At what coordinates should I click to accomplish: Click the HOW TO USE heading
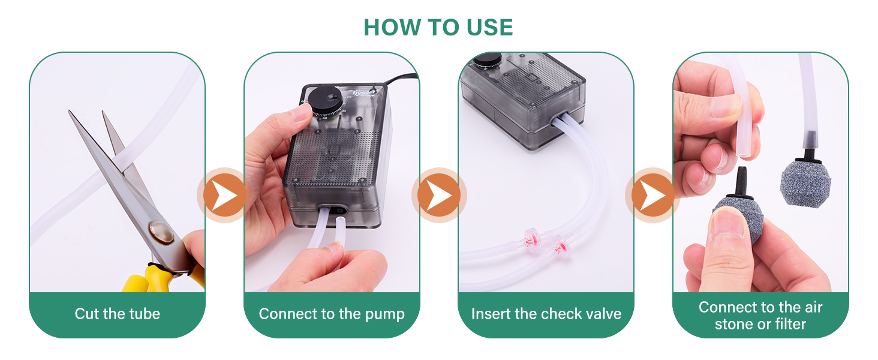tap(438, 28)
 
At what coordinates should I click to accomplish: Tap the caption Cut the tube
tap(118, 314)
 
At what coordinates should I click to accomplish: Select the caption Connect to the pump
tap(332, 314)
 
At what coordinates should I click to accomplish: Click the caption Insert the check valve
tap(546, 314)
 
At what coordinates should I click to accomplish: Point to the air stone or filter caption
tap(760, 316)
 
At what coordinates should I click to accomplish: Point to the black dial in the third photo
tap(486, 60)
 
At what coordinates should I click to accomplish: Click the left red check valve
tap(529, 236)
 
